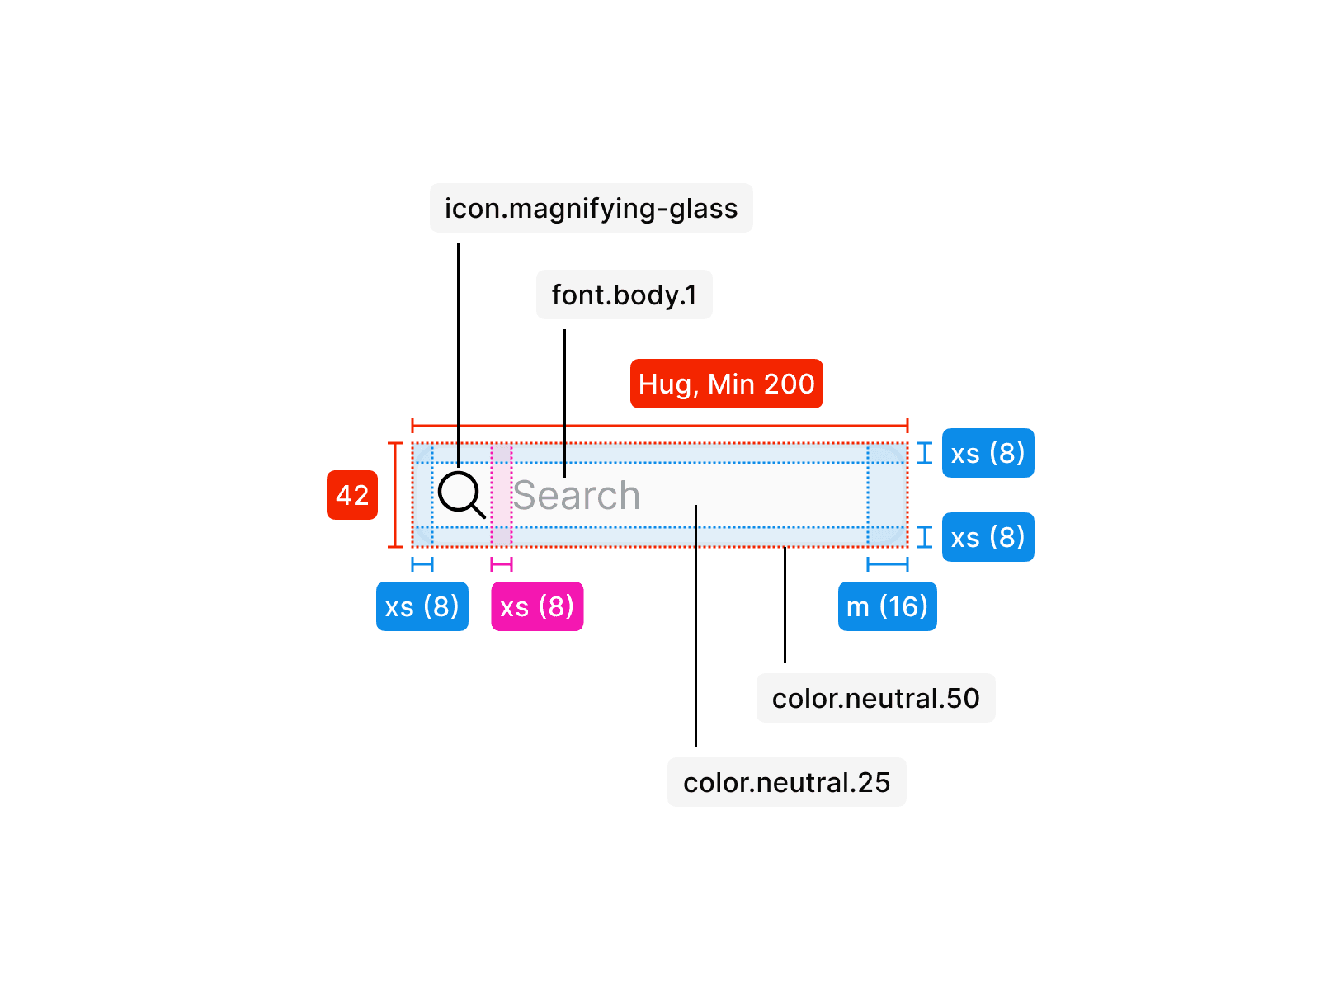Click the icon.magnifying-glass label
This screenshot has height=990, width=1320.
pyautogui.click(x=591, y=208)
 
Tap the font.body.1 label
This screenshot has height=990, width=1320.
pyautogui.click(x=624, y=295)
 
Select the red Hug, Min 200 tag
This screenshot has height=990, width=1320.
pyautogui.click(x=726, y=384)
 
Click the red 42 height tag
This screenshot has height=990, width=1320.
pyautogui.click(x=352, y=495)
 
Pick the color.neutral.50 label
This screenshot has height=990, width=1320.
pyautogui.click(x=875, y=698)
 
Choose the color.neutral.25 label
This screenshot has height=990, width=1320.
pyautogui.click(x=786, y=782)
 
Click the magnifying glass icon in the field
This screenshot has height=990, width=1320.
pyautogui.click(x=460, y=494)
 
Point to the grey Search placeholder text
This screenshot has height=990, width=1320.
pyautogui.click(x=576, y=496)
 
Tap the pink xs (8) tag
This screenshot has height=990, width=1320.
pyautogui.click(x=537, y=606)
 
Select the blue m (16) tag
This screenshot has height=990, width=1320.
pyautogui.click(x=887, y=606)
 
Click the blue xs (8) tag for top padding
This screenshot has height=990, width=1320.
pyautogui.click(x=988, y=453)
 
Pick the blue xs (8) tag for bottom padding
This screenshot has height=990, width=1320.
pyautogui.click(x=988, y=537)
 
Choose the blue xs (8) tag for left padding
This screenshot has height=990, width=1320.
pyautogui.click(x=422, y=606)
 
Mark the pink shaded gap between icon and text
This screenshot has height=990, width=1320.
pyautogui.click(x=502, y=495)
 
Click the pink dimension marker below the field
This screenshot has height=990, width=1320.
pyautogui.click(x=502, y=564)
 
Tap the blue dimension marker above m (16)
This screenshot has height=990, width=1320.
pyautogui.click(x=888, y=564)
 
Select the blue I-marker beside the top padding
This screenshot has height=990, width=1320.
pyautogui.click(x=925, y=453)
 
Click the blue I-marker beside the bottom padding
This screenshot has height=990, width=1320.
pyautogui.click(x=925, y=537)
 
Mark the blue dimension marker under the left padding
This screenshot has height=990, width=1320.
pyautogui.click(x=422, y=564)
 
